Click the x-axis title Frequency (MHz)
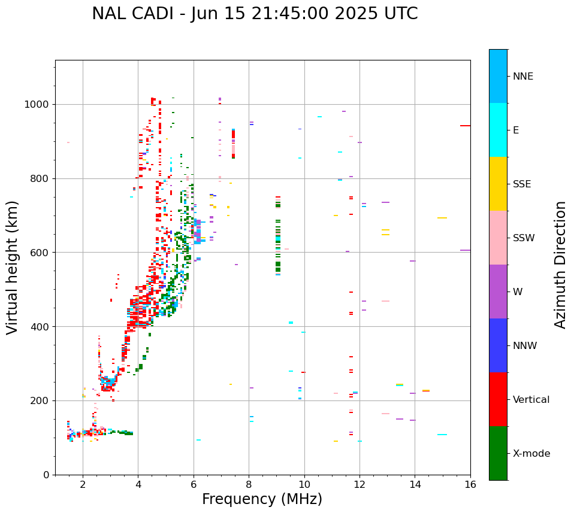pyautogui.click(x=262, y=499)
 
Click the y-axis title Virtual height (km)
pyautogui.click(x=13, y=268)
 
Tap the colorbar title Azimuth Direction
pyautogui.click(x=560, y=265)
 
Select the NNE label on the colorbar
pyautogui.click(x=522, y=77)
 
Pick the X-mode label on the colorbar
pyautogui.click(x=531, y=454)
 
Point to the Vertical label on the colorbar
pyautogui.click(x=531, y=400)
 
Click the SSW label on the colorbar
pyautogui.click(x=523, y=238)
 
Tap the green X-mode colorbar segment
pyautogui.click(x=498, y=453)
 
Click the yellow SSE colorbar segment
pyautogui.click(x=498, y=184)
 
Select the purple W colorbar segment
pyautogui.click(x=498, y=292)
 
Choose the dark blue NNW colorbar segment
pyautogui.click(x=498, y=345)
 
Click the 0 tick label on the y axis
pyautogui.click(x=46, y=475)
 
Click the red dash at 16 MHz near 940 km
pyautogui.click(x=465, y=126)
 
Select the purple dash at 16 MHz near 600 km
pyautogui.click(x=465, y=250)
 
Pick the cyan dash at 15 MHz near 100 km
pyautogui.click(x=442, y=435)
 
